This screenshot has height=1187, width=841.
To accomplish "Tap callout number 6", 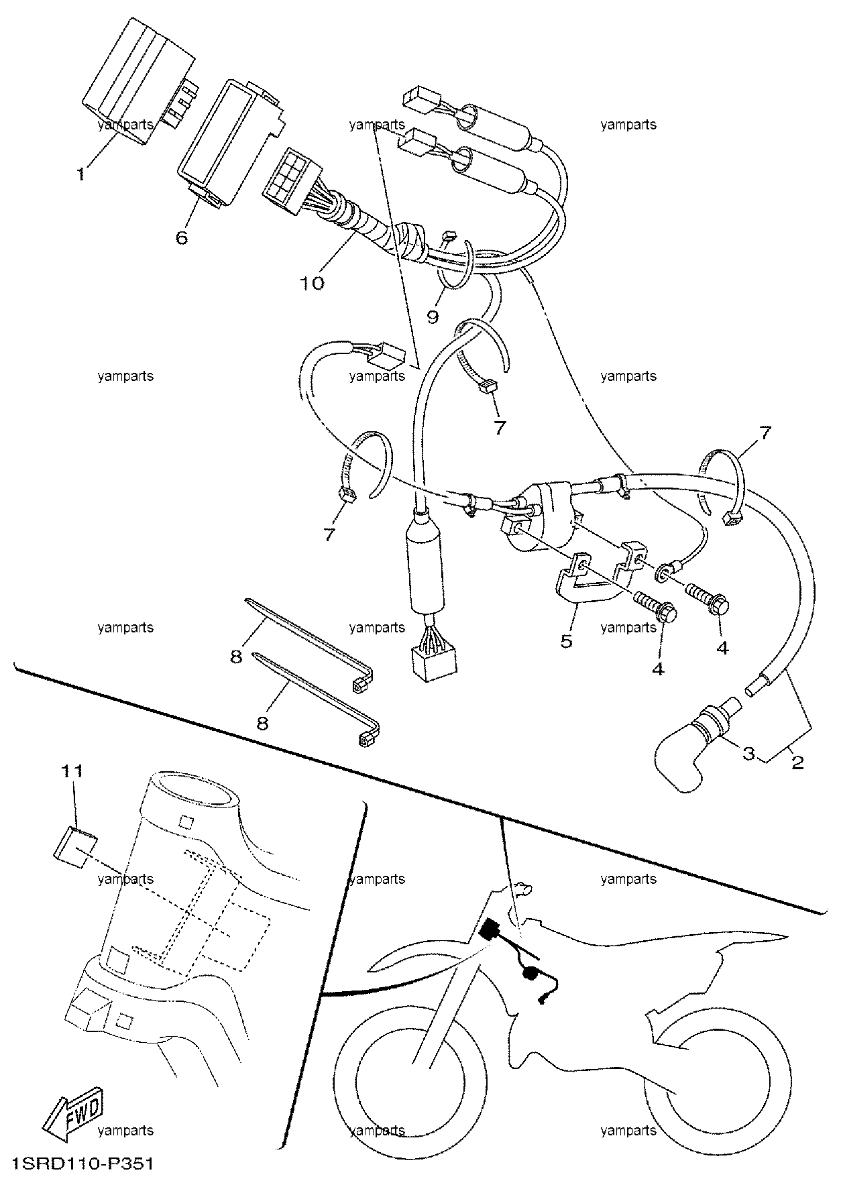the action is (182, 237).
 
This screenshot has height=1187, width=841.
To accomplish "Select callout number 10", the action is (312, 283).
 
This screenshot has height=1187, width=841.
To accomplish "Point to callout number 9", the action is (433, 316).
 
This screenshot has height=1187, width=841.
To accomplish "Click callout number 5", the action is (567, 642).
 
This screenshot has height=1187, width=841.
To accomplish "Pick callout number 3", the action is (748, 753).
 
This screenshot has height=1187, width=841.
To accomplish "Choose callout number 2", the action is (797, 762).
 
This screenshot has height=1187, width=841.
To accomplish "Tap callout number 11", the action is (72, 771).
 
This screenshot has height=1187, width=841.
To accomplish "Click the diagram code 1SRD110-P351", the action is (82, 1162).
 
